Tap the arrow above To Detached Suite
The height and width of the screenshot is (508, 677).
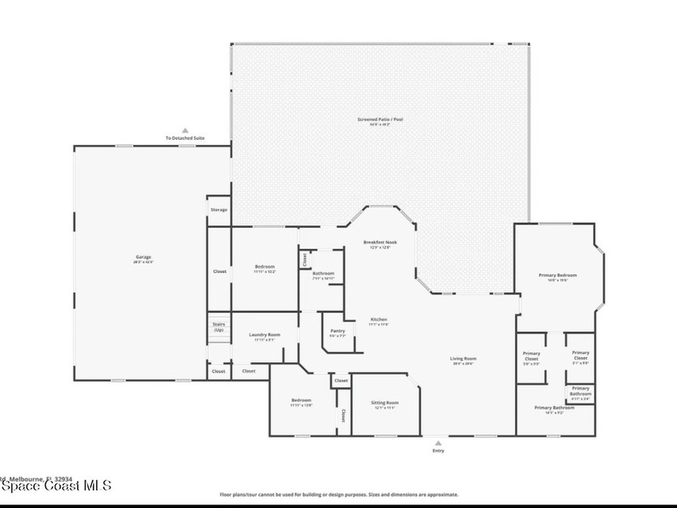185,131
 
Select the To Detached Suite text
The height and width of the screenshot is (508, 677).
185,138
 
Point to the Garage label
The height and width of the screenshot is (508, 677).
143,257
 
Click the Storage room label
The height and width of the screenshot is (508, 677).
219,210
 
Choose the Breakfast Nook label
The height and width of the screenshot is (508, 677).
380,243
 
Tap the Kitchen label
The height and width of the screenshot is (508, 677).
378,319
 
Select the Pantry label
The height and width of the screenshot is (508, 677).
338,331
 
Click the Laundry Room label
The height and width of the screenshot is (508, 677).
264,335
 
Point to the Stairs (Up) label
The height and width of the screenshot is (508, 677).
218,327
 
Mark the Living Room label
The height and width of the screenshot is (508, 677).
463,359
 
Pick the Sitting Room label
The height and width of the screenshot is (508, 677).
384,403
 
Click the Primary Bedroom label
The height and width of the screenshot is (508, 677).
557,275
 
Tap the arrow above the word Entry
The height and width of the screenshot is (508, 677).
438,442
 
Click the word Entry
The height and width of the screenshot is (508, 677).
438,451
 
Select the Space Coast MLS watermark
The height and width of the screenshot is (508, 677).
56,486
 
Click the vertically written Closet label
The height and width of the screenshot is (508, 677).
343,415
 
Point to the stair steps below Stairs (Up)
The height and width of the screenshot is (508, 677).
218,338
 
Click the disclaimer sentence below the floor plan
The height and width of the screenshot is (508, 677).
338,494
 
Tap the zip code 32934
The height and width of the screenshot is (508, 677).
63,478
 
